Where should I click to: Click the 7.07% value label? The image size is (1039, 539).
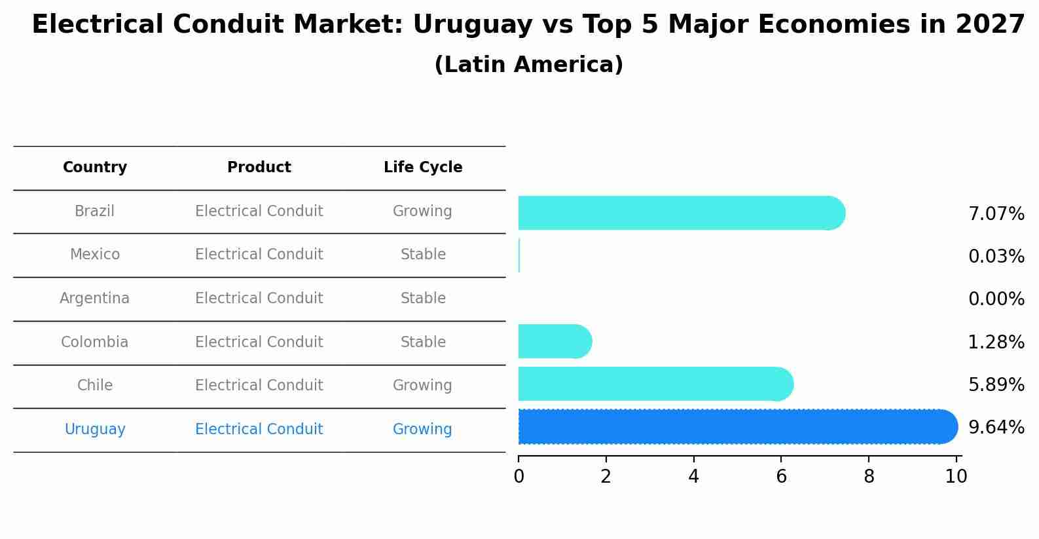pyautogui.click(x=996, y=214)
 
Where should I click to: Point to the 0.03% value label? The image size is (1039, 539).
pyautogui.click(x=996, y=257)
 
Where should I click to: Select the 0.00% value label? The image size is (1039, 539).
pyautogui.click(x=996, y=299)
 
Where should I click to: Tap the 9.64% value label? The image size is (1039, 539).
pyautogui.click(x=996, y=428)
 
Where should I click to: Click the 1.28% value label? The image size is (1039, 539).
pyautogui.click(x=996, y=343)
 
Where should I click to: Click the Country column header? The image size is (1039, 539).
pyautogui.click(x=95, y=168)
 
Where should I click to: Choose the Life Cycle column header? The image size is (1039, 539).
pyautogui.click(x=423, y=168)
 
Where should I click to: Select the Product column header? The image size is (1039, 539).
pyautogui.click(x=259, y=168)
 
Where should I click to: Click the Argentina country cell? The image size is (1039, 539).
pyautogui.click(x=95, y=299)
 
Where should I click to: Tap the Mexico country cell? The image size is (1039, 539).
pyautogui.click(x=95, y=255)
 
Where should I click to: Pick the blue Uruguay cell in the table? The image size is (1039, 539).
pyautogui.click(x=95, y=430)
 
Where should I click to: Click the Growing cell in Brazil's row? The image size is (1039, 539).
pyautogui.click(x=422, y=212)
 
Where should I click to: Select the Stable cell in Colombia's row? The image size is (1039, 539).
pyautogui.click(x=423, y=343)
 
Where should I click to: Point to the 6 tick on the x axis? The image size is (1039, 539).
pyautogui.click(x=781, y=476)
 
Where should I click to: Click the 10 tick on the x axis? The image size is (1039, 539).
pyautogui.click(x=956, y=476)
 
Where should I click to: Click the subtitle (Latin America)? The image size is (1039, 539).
pyautogui.click(x=528, y=65)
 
